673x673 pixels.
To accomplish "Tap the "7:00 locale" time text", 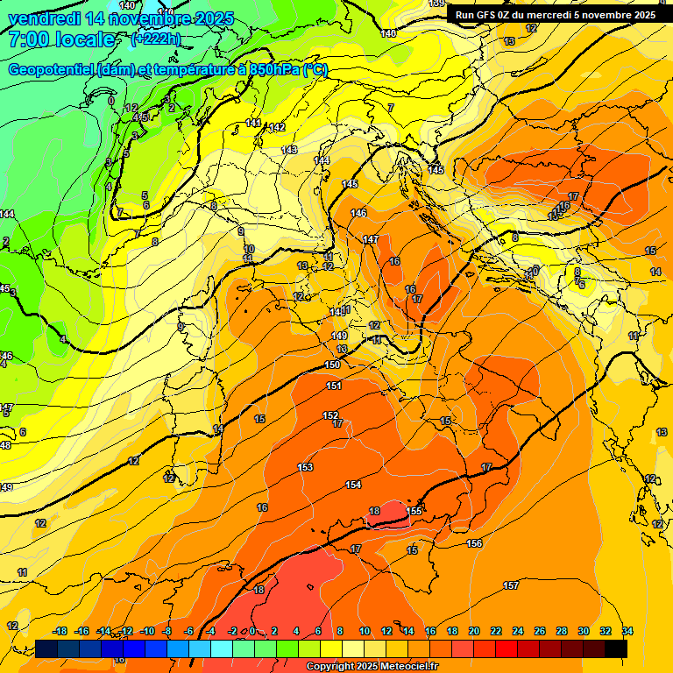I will pos(61,39).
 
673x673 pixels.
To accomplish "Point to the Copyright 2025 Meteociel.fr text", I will pos(372,667).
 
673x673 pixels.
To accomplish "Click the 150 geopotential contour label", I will pos(332,365).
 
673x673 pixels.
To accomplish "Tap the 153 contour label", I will pos(305,467).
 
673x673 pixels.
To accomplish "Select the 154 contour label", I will pos(353,485).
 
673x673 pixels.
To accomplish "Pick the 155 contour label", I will pos(415,511).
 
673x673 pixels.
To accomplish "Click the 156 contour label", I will pos(474,543).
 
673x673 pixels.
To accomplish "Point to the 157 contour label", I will pos(511,584).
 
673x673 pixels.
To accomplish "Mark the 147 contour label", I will pos(371,239).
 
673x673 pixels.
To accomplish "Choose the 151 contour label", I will pos(333,386).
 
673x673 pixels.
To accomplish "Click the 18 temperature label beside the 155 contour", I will pos(374,511).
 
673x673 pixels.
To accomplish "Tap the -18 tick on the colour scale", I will pos(60,631).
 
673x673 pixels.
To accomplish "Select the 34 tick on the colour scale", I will pos(627,631).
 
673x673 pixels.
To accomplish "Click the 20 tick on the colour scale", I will pos(474,631).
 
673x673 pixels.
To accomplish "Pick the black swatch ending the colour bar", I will pos(616,649).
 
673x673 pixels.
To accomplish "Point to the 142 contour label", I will pos(278,127).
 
